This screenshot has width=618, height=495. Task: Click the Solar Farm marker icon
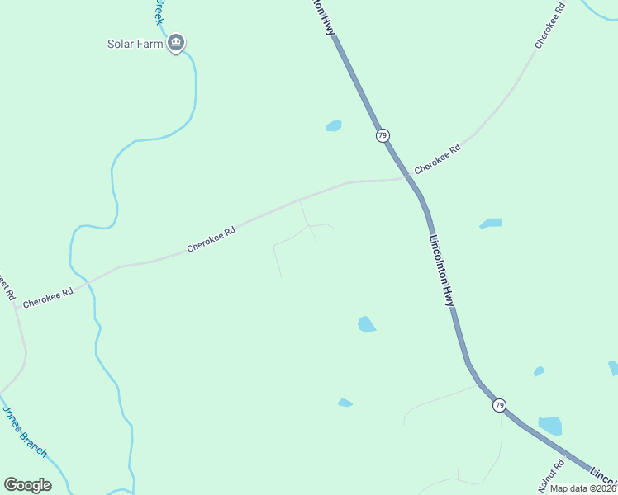coord(175,43)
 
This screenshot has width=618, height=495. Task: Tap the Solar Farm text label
coord(135,44)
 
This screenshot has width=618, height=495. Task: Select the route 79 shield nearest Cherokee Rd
coord(383,135)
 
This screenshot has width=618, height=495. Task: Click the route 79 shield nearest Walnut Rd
coord(499,405)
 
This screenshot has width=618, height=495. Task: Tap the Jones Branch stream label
coord(24,431)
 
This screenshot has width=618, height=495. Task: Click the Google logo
coord(27,485)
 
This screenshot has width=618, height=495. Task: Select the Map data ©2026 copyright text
coord(583,488)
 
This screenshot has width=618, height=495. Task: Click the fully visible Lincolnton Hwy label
coord(442,271)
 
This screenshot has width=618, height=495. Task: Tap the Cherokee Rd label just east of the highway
coord(437,160)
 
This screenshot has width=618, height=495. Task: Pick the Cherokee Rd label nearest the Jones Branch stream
coord(48,297)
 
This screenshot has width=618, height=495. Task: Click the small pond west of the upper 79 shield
coord(334,126)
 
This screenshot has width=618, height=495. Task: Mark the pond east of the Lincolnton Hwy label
coord(491,224)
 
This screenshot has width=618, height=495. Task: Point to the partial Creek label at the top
coord(159,12)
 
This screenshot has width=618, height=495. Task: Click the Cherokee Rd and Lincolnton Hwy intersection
coord(411,177)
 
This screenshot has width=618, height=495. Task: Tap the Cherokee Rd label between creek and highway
coord(212,239)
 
